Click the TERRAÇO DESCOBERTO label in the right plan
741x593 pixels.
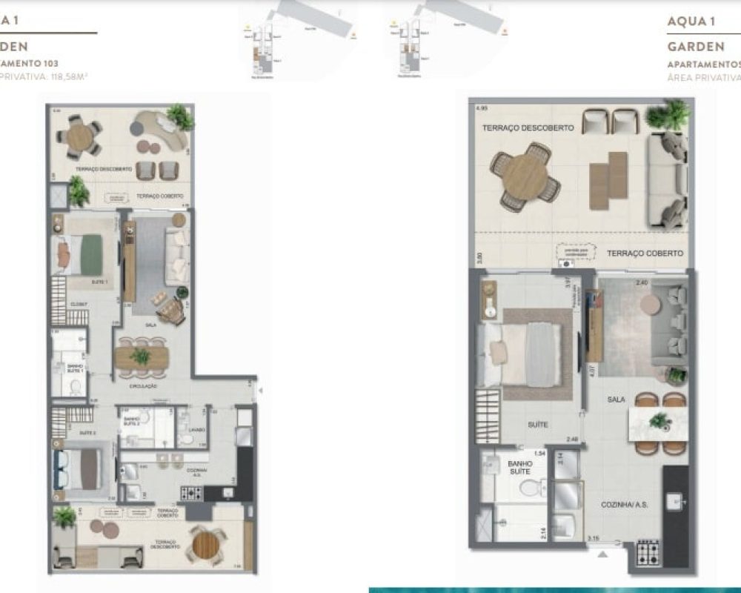click(x=528, y=128)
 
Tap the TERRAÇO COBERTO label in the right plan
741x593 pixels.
click(x=645, y=254)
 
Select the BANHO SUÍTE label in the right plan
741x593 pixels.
click(x=519, y=468)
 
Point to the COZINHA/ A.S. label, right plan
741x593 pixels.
click(x=625, y=504)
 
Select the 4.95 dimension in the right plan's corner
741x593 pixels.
click(x=482, y=108)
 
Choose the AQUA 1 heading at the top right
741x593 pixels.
click(x=691, y=21)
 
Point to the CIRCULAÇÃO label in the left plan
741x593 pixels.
click(x=144, y=386)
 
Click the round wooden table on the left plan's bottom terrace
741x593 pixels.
click(x=205, y=545)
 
